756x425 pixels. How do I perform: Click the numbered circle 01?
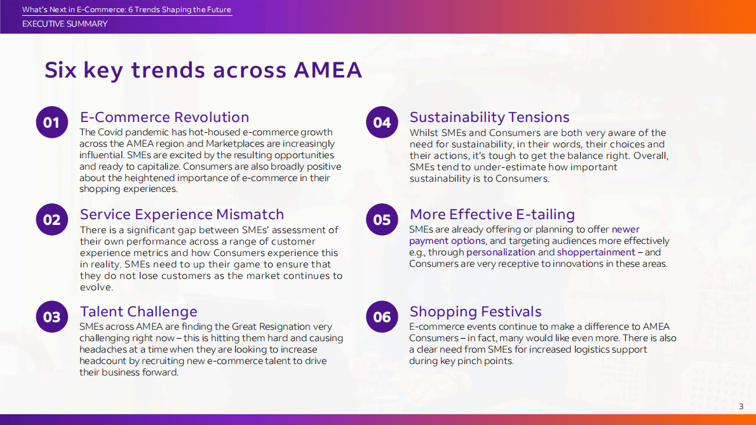[x=51, y=123]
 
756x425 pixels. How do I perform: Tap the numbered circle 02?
[x=51, y=220]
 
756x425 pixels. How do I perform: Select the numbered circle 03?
[x=51, y=317]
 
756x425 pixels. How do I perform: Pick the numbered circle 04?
[x=382, y=123]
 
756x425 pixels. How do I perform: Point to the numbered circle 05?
[x=382, y=220]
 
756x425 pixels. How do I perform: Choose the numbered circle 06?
[x=382, y=317]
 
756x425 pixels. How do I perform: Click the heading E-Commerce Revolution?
[x=164, y=118]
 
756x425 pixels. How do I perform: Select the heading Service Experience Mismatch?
[x=182, y=215]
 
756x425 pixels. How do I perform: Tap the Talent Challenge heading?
[x=138, y=312]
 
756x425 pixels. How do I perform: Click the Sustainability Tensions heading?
[x=489, y=118]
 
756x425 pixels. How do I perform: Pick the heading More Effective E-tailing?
[x=492, y=215]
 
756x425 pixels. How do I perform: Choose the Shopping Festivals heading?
[x=475, y=312]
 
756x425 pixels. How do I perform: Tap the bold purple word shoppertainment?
[x=596, y=252]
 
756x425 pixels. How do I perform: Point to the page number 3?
[x=741, y=407]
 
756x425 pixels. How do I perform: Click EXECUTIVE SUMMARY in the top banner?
[x=65, y=24]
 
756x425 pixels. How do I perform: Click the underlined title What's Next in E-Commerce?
[x=126, y=10]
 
